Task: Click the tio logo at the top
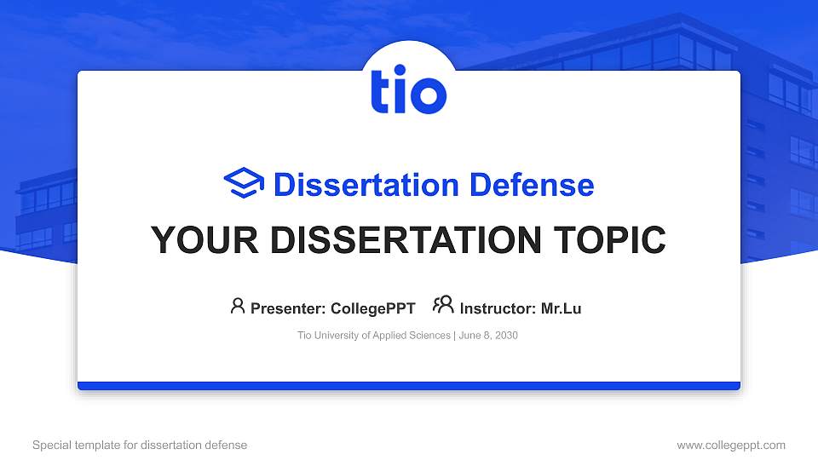coord(408,91)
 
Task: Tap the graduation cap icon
coord(245,183)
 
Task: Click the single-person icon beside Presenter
coord(238,306)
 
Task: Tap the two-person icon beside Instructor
coord(443,305)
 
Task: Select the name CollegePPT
coord(373,308)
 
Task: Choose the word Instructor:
coord(498,308)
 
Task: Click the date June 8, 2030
coord(488,336)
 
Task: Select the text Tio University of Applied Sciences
coord(373,336)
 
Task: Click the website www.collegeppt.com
coord(730,445)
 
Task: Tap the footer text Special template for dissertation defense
coord(140,445)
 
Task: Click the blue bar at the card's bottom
coord(408,386)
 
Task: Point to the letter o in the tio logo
coord(428,95)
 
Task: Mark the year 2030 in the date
coord(505,336)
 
